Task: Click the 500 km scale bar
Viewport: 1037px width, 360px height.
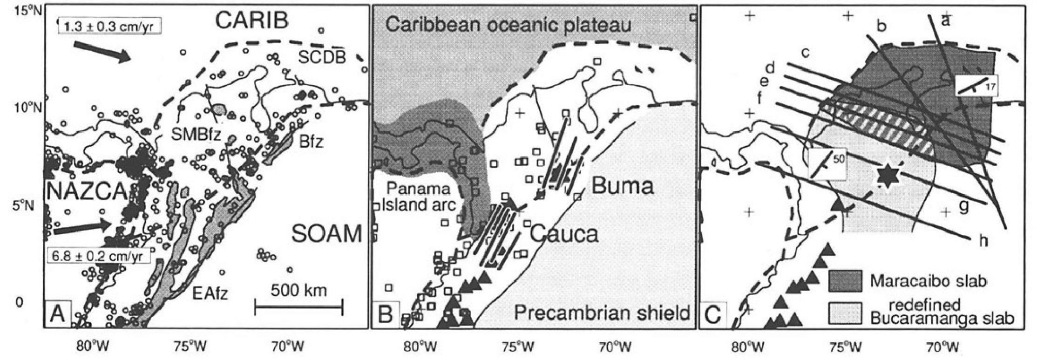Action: (298, 307)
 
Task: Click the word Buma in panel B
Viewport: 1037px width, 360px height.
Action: (622, 187)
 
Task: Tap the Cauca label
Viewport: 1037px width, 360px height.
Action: (563, 234)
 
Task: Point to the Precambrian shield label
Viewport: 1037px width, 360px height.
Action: (602, 313)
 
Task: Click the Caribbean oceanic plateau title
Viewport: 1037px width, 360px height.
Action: (508, 25)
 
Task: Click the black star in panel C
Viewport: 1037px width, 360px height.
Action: (887, 176)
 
